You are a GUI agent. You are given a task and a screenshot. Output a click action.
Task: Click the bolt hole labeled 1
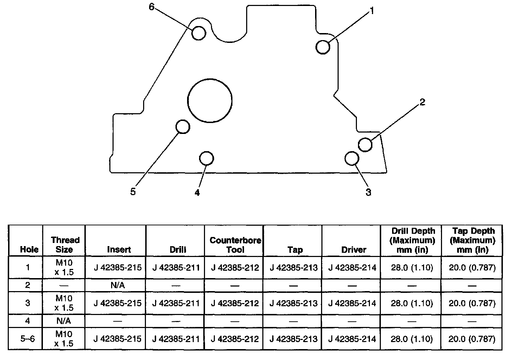(x=323, y=47)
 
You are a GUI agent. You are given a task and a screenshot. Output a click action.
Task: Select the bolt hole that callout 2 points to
(x=365, y=144)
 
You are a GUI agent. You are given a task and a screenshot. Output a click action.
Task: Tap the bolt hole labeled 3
(x=351, y=158)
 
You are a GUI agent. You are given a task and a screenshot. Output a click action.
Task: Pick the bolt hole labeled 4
(x=206, y=158)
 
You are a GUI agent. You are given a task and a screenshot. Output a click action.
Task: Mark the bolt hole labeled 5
(x=183, y=127)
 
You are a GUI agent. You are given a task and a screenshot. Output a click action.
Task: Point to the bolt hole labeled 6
(x=199, y=33)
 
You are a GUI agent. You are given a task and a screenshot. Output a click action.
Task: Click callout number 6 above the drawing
(x=152, y=7)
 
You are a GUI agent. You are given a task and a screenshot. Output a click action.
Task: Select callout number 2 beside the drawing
(x=422, y=102)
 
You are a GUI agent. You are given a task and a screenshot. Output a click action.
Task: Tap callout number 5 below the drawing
(x=133, y=192)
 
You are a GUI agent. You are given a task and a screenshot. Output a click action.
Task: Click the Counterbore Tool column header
(x=235, y=245)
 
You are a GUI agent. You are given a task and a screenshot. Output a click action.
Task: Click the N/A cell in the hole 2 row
(x=117, y=285)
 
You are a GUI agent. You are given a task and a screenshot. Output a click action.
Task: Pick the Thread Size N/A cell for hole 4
(x=64, y=321)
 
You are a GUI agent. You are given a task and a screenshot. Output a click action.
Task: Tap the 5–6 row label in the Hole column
(x=27, y=339)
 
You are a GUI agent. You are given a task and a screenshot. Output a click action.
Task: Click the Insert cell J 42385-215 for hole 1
(x=117, y=268)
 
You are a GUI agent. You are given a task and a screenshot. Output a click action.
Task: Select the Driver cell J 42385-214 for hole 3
(x=352, y=303)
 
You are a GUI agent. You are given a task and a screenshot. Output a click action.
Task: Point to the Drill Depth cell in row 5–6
(x=412, y=339)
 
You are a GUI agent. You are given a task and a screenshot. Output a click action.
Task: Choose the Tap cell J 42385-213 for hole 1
(x=293, y=268)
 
